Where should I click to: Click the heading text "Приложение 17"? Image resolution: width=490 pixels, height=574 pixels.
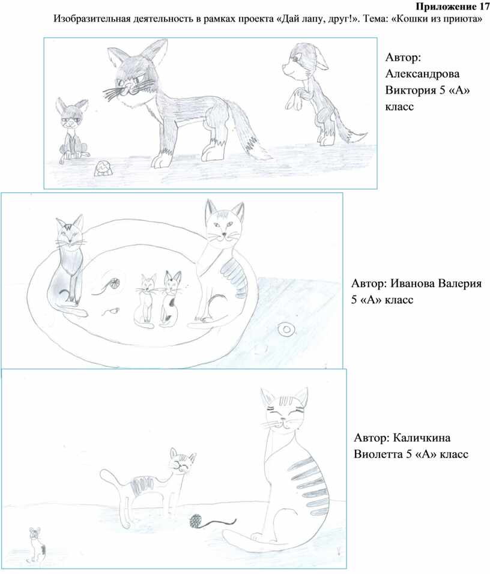(453, 7)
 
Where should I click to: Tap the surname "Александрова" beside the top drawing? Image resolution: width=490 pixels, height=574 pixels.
(422, 74)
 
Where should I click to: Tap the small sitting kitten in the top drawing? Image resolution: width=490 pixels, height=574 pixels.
(72, 128)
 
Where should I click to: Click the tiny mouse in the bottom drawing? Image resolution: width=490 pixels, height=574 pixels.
(36, 545)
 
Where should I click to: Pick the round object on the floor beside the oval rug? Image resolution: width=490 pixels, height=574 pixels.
(286, 330)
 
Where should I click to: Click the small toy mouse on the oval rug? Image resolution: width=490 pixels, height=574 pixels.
(110, 312)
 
